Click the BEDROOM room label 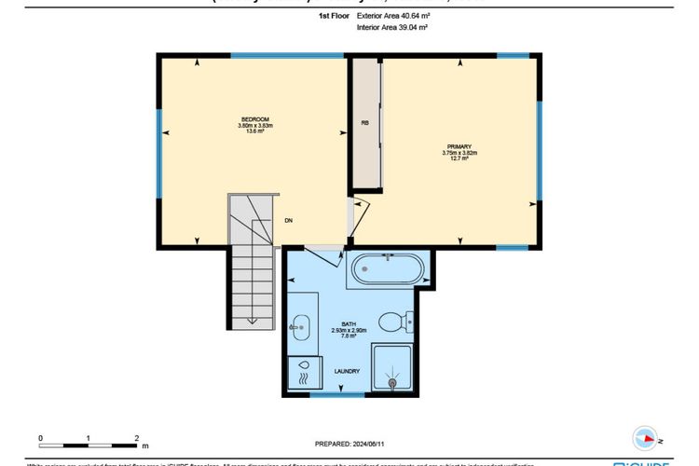(x=255, y=119)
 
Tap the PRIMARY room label (x=459, y=147)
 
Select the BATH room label (x=349, y=323)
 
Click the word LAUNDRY (x=348, y=372)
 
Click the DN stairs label (x=290, y=221)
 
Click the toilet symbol (x=396, y=322)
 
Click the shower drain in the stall (x=392, y=381)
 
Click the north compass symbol (x=645, y=436)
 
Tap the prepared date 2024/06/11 (x=349, y=444)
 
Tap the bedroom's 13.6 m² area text (x=255, y=131)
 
